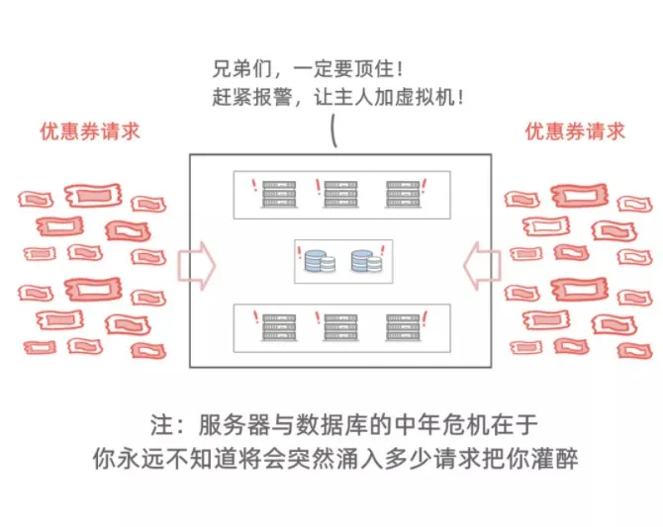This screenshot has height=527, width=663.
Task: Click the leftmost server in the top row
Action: [x=276, y=194]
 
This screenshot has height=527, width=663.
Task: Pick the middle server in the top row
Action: [x=340, y=194]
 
